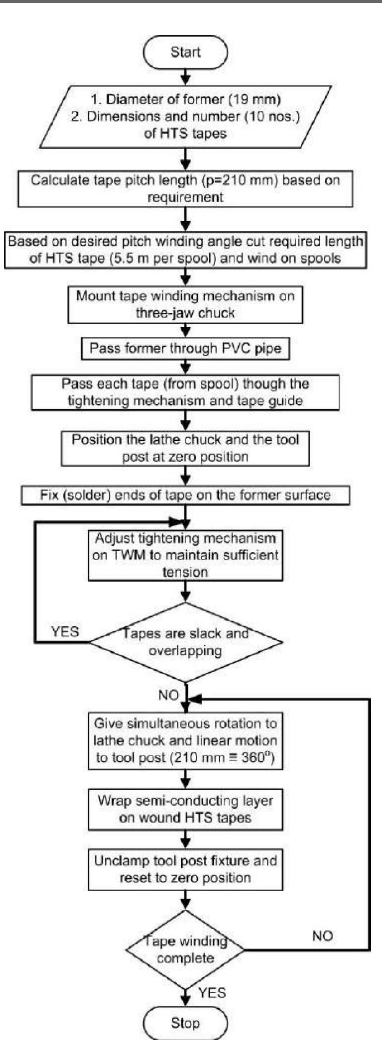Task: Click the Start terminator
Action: (x=185, y=52)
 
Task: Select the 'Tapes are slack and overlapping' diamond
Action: (x=186, y=642)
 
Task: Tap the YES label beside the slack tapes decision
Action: (x=65, y=632)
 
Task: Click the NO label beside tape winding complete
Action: (x=322, y=936)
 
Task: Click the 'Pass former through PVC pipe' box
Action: (x=185, y=348)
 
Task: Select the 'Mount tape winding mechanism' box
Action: (x=185, y=304)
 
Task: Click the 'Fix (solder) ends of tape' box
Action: (x=185, y=495)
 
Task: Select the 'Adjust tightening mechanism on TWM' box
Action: (x=185, y=555)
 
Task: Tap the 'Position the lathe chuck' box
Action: (x=185, y=448)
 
